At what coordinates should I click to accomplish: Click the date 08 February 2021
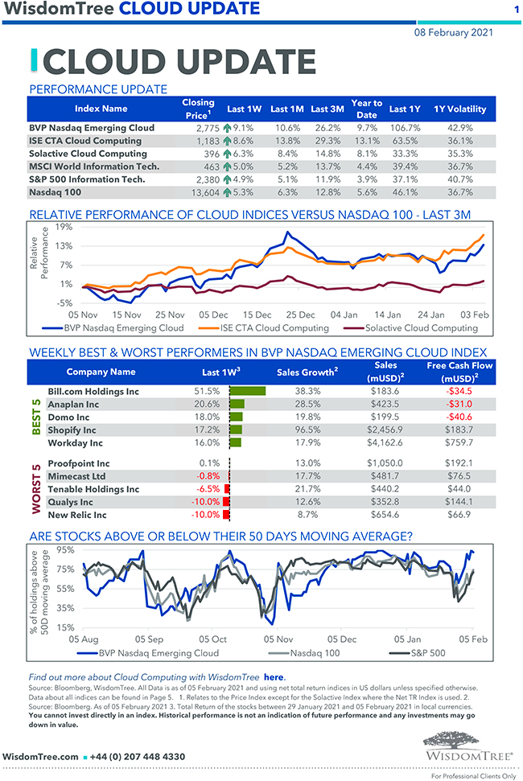[x=454, y=33]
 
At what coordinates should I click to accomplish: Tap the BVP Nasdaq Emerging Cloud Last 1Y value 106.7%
[x=405, y=128]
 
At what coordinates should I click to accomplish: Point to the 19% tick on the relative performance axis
[x=64, y=227]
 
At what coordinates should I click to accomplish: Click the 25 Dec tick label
[x=300, y=314]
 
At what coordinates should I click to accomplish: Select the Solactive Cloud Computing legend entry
[x=421, y=328]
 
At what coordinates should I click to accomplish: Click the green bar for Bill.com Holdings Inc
[x=247, y=391]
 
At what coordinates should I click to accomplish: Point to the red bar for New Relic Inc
[x=227, y=515]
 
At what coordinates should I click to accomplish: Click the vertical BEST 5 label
[x=35, y=416]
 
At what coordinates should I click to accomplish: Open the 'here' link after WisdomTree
[x=274, y=677]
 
